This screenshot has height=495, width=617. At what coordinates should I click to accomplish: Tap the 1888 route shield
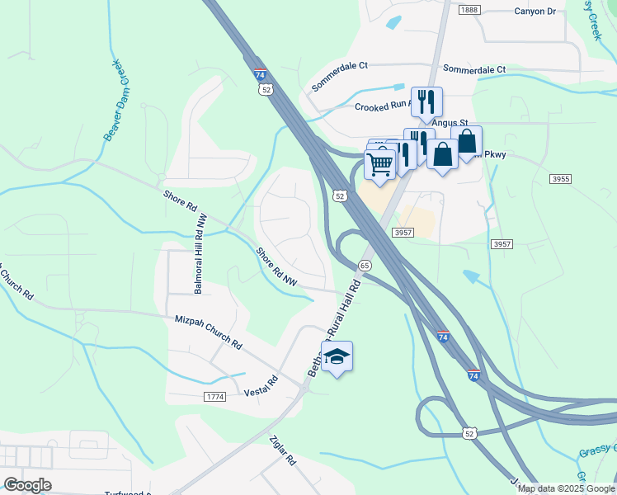469,9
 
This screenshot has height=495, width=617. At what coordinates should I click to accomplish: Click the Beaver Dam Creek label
114,100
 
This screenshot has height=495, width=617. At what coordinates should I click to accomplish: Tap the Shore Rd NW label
276,266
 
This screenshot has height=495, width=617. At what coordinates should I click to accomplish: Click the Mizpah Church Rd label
209,332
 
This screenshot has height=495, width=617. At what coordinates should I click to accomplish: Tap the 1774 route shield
214,397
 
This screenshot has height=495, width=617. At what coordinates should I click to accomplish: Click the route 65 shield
365,266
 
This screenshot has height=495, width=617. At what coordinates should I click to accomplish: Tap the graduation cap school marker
337,356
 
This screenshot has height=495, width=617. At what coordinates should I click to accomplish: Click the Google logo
27,485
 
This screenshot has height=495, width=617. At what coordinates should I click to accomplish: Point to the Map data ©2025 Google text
566,488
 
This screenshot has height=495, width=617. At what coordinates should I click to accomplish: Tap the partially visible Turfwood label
124,493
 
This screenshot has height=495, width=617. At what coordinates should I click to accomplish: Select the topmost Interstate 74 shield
260,75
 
